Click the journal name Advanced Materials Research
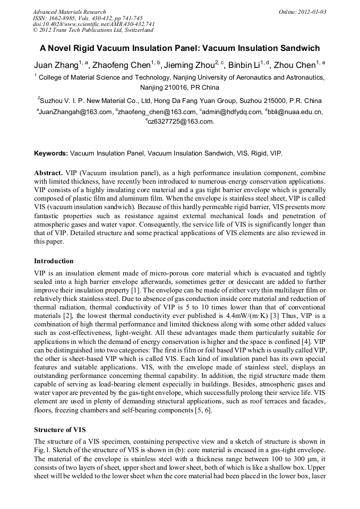coord(69,12)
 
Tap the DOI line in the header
coord(94,24)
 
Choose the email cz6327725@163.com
coord(181,122)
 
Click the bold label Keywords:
coord(51,153)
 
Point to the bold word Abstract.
coord(48,174)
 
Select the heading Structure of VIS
coord(59,429)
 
